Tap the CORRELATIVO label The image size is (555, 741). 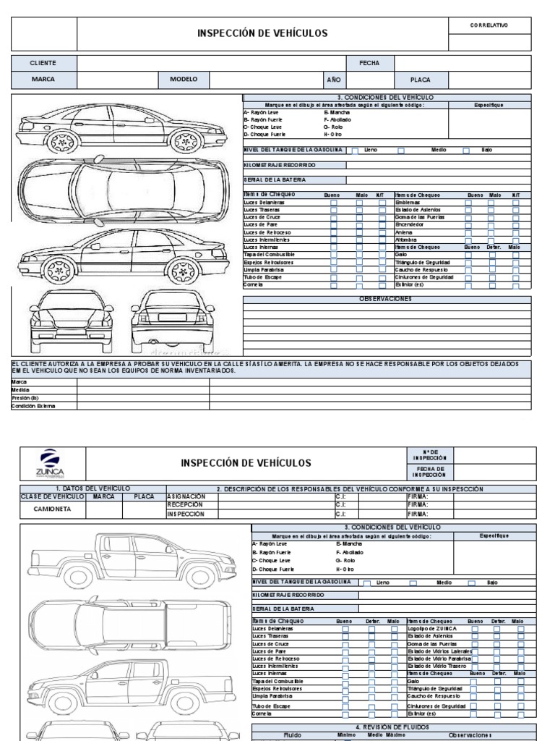489,25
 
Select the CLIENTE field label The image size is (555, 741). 43,63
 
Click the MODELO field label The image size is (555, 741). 184,79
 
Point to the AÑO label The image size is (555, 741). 334,79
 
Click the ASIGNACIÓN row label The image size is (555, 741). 186,496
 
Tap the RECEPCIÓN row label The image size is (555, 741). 183,505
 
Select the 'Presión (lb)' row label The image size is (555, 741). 24,397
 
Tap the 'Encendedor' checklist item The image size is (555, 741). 410,224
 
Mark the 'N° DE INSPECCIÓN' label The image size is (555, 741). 425,454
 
